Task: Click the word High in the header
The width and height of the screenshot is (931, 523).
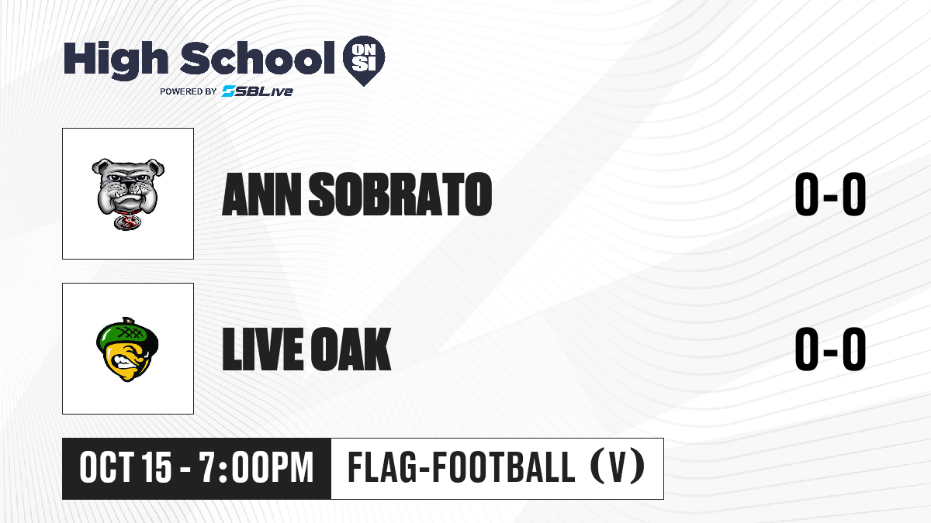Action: [x=116, y=60]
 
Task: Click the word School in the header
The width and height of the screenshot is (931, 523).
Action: [x=258, y=57]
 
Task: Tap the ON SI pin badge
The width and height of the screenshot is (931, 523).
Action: [x=364, y=60]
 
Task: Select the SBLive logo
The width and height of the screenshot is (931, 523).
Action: [x=257, y=91]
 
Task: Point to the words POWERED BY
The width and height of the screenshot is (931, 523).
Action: [x=188, y=91]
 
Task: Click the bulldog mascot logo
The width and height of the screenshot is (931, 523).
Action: [x=128, y=194]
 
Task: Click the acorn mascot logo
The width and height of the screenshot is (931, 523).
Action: [x=127, y=349]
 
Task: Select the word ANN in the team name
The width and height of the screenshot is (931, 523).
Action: [x=261, y=194]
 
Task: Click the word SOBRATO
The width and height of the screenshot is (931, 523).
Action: [x=400, y=194]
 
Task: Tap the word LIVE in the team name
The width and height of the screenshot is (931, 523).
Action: [x=263, y=349]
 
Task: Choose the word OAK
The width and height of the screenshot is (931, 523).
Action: [x=351, y=349]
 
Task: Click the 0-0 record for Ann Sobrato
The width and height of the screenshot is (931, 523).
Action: [x=830, y=194]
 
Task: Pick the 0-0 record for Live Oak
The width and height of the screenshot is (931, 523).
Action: [x=830, y=349]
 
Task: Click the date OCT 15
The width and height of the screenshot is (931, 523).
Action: [x=126, y=467]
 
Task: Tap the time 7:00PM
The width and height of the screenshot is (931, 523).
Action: [x=255, y=467]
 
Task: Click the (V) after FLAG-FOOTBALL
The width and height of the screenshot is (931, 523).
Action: [x=618, y=466]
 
